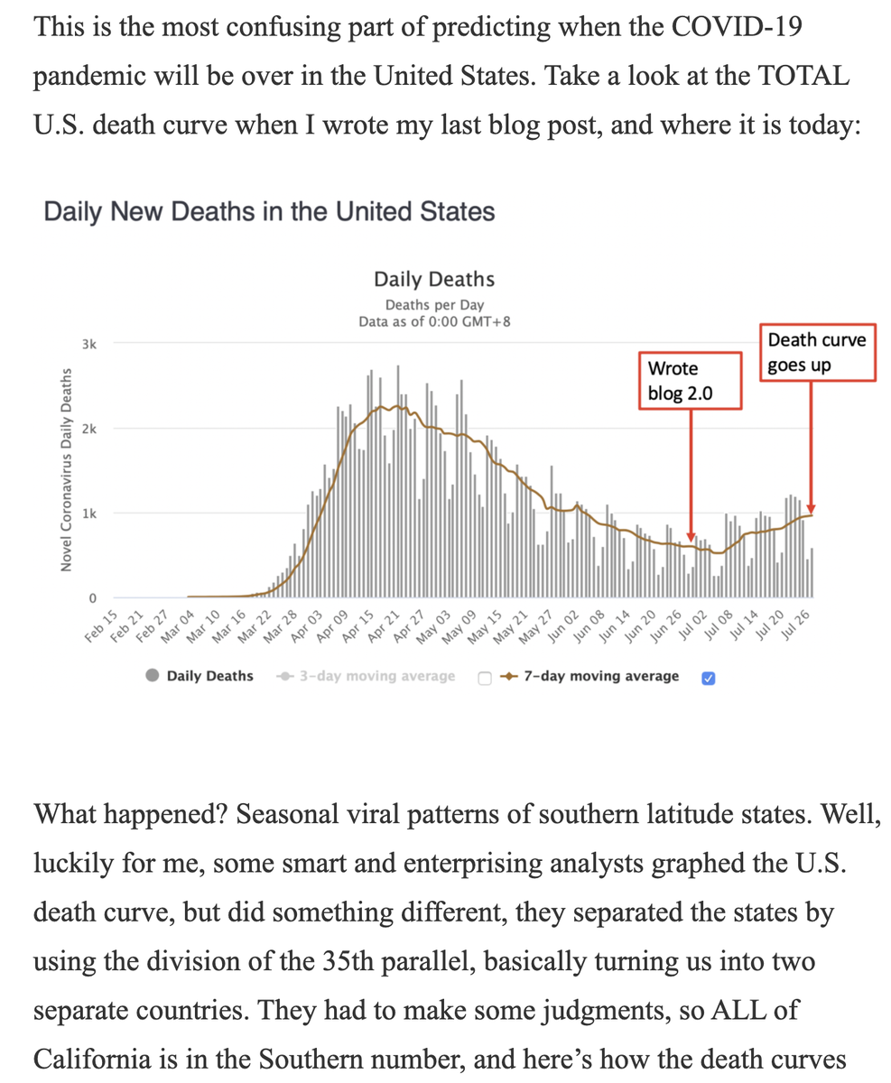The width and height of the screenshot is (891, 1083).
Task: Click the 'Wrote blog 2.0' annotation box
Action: point(690,381)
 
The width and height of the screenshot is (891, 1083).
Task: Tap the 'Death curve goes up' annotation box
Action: point(817,353)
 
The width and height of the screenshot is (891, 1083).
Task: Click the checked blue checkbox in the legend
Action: point(708,677)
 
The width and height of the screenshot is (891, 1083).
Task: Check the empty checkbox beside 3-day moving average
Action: point(485,677)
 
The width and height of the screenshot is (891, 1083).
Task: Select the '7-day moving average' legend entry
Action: point(600,676)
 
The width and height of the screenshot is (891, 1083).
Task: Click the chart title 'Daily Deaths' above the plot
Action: point(434,280)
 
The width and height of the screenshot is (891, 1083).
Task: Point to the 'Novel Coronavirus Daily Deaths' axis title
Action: point(66,471)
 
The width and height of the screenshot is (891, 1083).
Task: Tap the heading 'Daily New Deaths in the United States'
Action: point(269,212)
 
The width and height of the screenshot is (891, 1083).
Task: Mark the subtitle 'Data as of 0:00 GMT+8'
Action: point(434,321)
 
